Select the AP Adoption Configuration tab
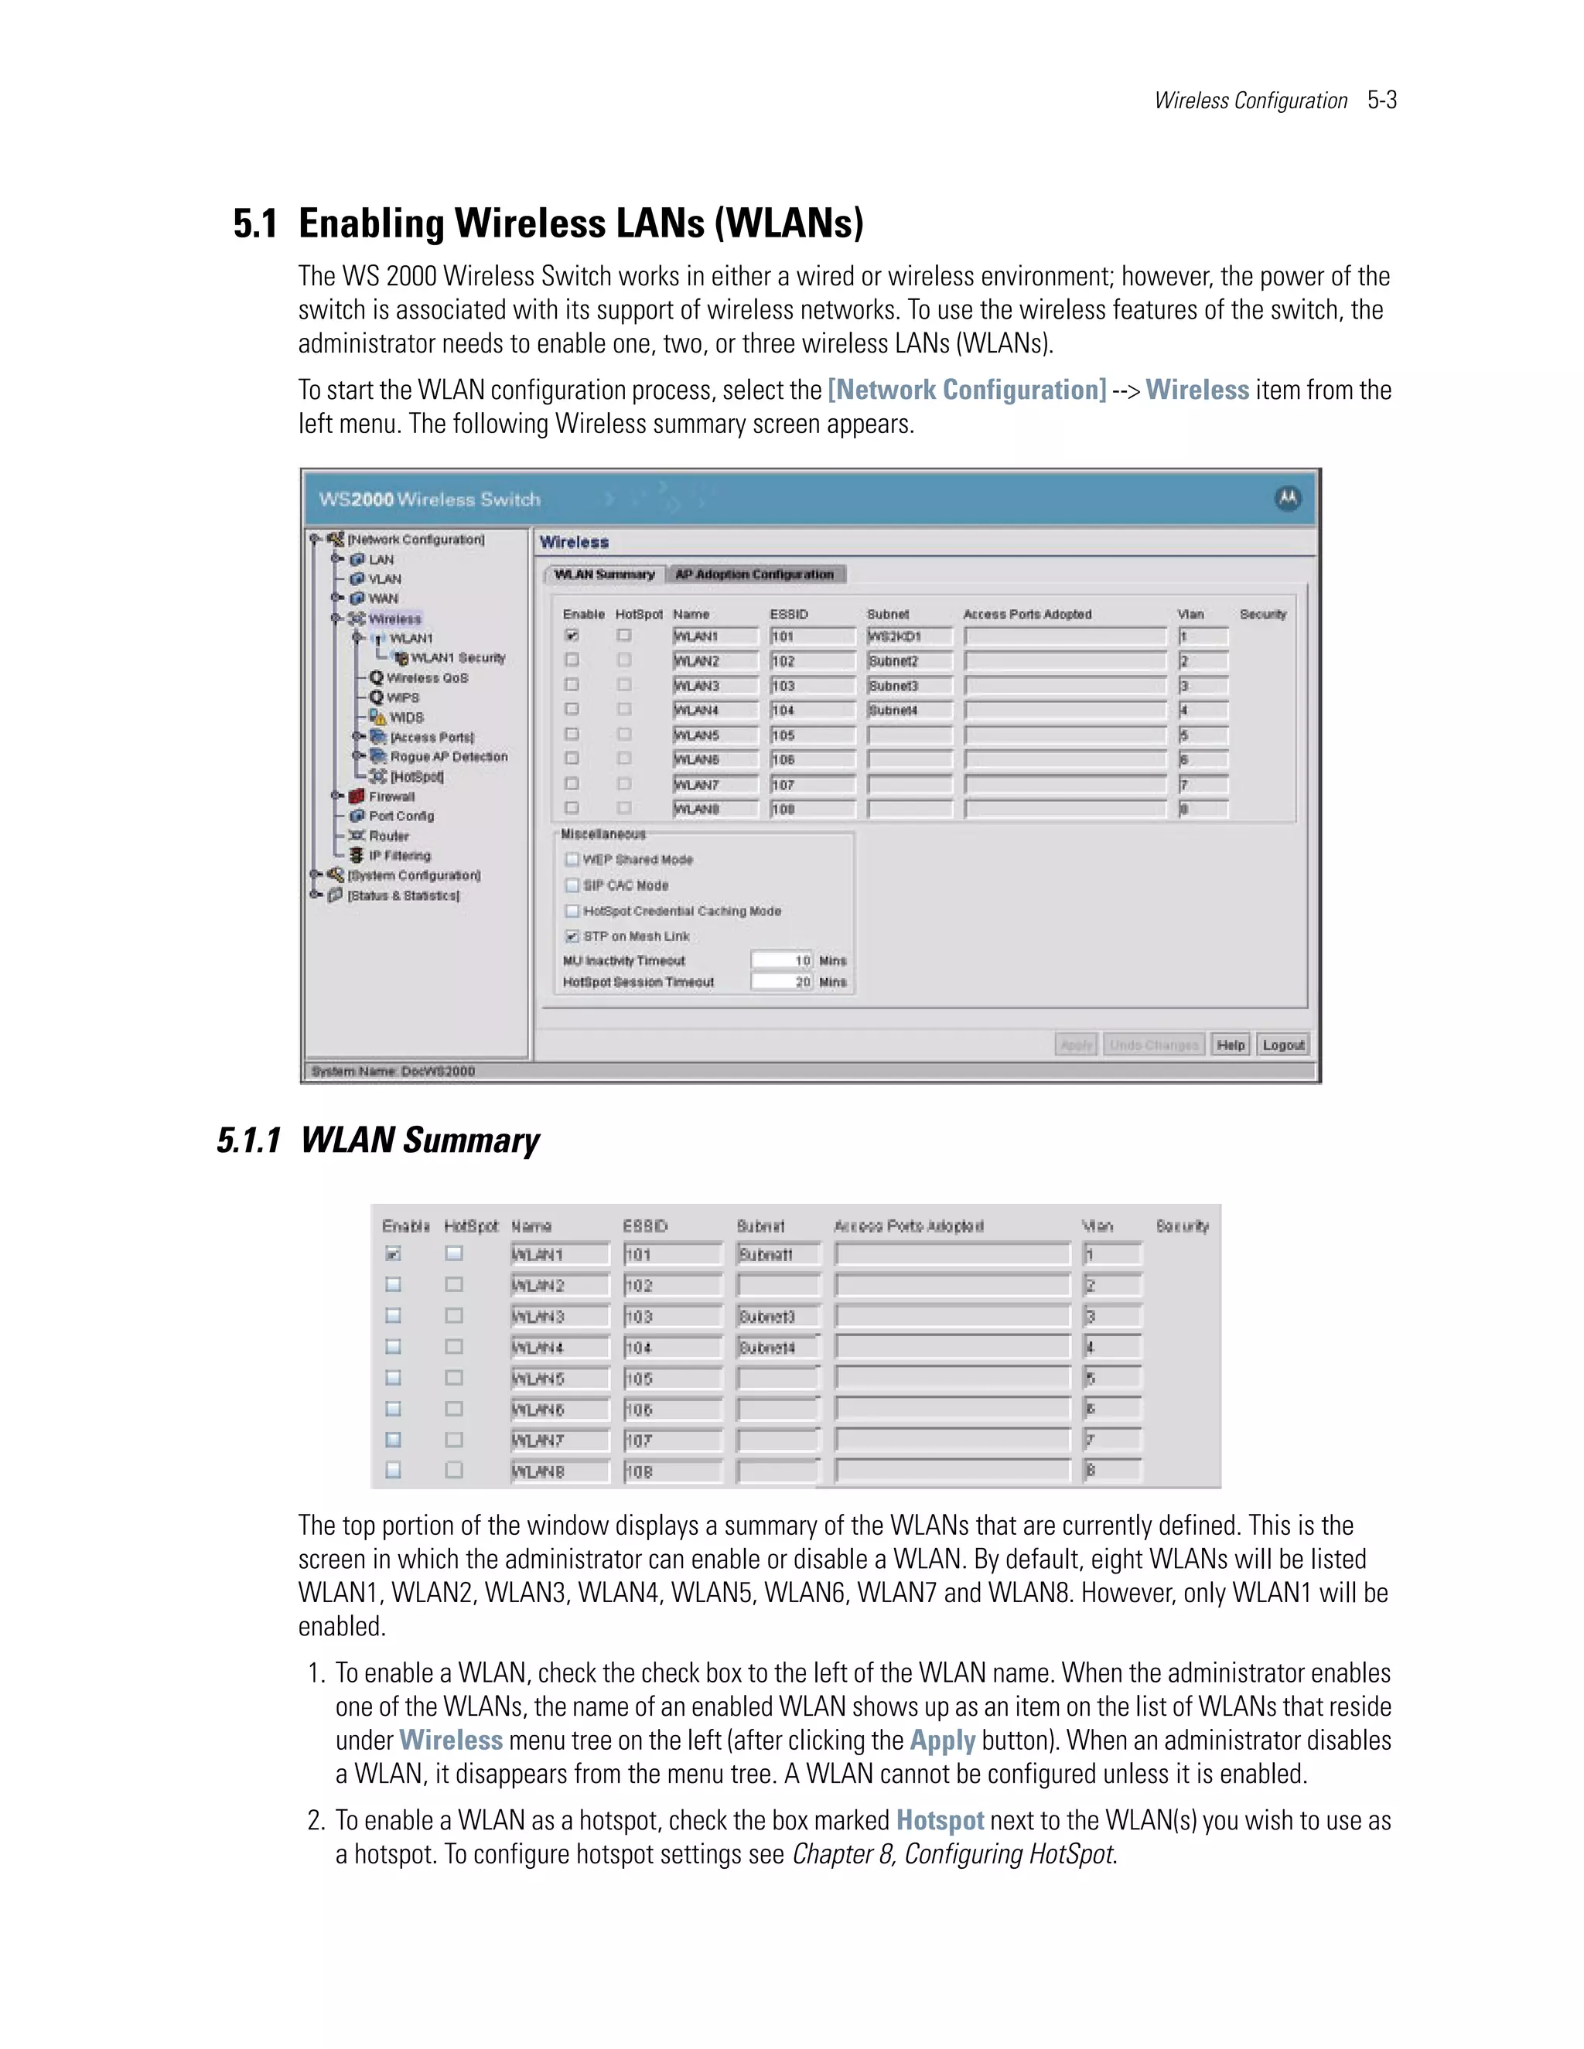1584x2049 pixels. pyautogui.click(x=754, y=574)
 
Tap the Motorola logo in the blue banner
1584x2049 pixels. pyautogui.click(x=1288, y=498)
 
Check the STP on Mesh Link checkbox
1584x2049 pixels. pyautogui.click(x=572, y=936)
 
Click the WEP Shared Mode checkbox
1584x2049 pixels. pyautogui.click(x=572, y=859)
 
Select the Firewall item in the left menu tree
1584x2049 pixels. pyautogui.click(x=391, y=796)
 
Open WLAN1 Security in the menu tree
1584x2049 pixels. pyautogui.click(x=457, y=658)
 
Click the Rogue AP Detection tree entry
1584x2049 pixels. pyautogui.click(x=449, y=756)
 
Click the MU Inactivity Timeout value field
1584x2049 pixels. pyautogui.click(x=782, y=960)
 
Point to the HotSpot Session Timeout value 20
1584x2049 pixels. pyautogui.click(x=802, y=982)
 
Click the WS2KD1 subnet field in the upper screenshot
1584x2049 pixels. pyautogui.click(x=908, y=636)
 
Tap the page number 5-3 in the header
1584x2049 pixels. pyautogui.click(x=1381, y=101)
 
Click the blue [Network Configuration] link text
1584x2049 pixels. pyautogui.click(x=967, y=390)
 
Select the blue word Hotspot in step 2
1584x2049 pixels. pyautogui.click(x=939, y=1821)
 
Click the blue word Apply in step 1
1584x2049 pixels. pyautogui.click(x=942, y=1740)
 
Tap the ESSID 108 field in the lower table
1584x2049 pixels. pyautogui.click(x=672, y=1472)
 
